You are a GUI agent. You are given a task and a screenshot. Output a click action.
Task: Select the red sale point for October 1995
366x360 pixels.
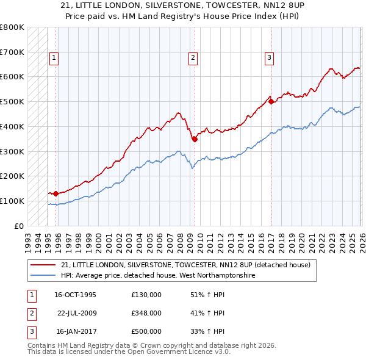tap(56, 193)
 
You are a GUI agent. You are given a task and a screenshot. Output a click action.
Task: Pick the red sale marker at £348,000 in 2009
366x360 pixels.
tap(195, 139)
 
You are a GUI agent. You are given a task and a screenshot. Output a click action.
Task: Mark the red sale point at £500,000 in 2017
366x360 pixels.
tap(270, 101)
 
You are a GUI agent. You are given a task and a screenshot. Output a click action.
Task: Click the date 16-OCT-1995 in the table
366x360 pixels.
tap(75, 295)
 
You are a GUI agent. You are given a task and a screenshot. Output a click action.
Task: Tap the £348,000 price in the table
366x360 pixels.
tap(146, 313)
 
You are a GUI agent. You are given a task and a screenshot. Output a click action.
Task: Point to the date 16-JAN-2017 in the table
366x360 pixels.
tap(75, 331)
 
